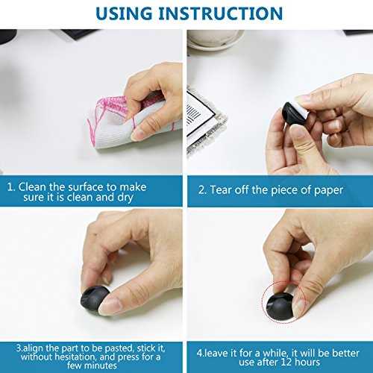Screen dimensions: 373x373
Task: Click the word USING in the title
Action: click(x=124, y=13)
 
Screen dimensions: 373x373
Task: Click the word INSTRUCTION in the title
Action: click(x=221, y=13)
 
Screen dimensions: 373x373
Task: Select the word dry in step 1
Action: click(x=125, y=198)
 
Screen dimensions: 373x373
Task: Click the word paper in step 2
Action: click(x=328, y=191)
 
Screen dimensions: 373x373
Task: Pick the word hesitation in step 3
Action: click(x=76, y=357)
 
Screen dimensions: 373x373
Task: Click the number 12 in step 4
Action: click(x=286, y=362)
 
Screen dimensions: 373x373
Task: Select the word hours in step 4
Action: click(x=307, y=362)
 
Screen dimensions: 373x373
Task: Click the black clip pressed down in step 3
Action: click(x=95, y=298)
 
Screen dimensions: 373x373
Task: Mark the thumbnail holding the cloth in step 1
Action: click(x=140, y=133)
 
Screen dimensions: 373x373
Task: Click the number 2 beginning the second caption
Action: click(x=201, y=190)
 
